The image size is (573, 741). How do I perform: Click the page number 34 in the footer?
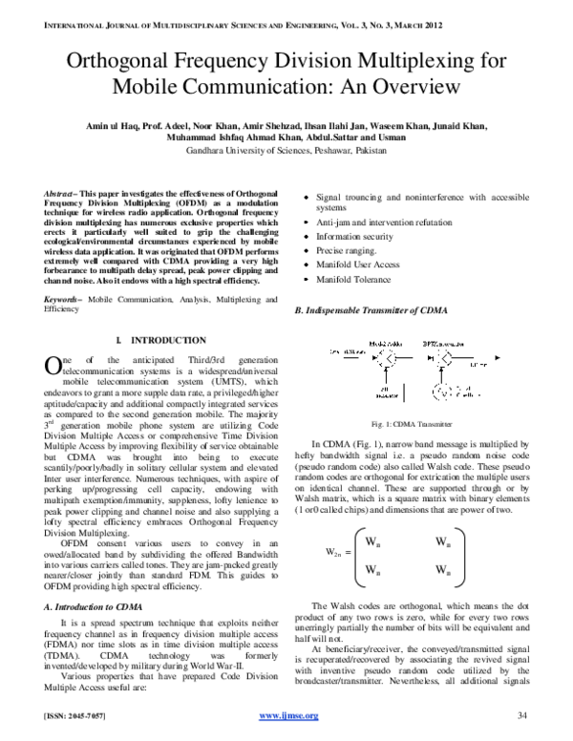521,715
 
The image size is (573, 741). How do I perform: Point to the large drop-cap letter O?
53,366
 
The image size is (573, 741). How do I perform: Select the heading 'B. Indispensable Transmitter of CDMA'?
371,311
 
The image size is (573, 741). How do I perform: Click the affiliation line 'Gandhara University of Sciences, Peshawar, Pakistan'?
286,151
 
